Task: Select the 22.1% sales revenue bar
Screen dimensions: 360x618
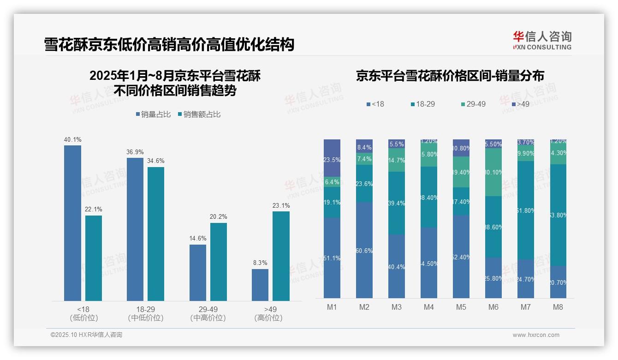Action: point(94,258)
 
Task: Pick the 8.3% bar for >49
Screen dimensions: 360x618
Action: point(260,285)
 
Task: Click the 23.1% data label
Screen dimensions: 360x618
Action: point(281,206)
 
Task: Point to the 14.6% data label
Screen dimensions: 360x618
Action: point(198,239)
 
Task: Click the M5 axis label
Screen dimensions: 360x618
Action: point(461,307)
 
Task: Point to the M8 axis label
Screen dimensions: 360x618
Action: point(558,307)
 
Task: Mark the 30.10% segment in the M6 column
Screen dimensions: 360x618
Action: point(493,172)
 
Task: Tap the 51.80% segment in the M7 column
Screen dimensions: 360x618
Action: point(526,210)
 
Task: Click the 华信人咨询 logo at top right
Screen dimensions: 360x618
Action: point(542,40)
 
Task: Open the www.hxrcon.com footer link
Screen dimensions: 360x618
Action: point(536,335)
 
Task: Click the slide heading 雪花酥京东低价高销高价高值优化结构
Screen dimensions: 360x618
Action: point(169,45)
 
